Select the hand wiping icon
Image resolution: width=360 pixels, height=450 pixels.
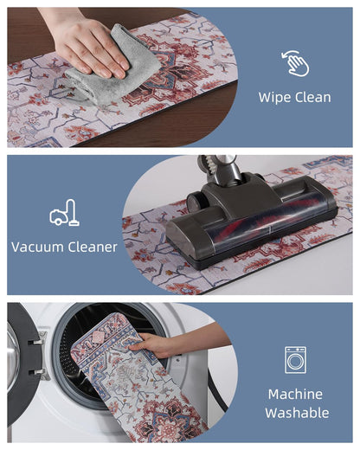click(295, 63)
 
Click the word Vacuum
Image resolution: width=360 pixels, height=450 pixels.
click(37, 247)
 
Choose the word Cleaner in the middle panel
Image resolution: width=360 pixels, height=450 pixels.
click(93, 247)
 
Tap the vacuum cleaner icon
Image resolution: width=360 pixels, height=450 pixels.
click(64, 213)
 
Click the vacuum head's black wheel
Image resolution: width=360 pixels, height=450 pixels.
click(195, 202)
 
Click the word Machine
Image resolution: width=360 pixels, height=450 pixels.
click(295, 394)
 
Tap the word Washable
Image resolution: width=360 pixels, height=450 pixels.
click(297, 413)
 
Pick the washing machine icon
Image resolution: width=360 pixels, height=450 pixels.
click(295, 360)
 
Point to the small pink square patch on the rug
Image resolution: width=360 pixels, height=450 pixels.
click(99, 337)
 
